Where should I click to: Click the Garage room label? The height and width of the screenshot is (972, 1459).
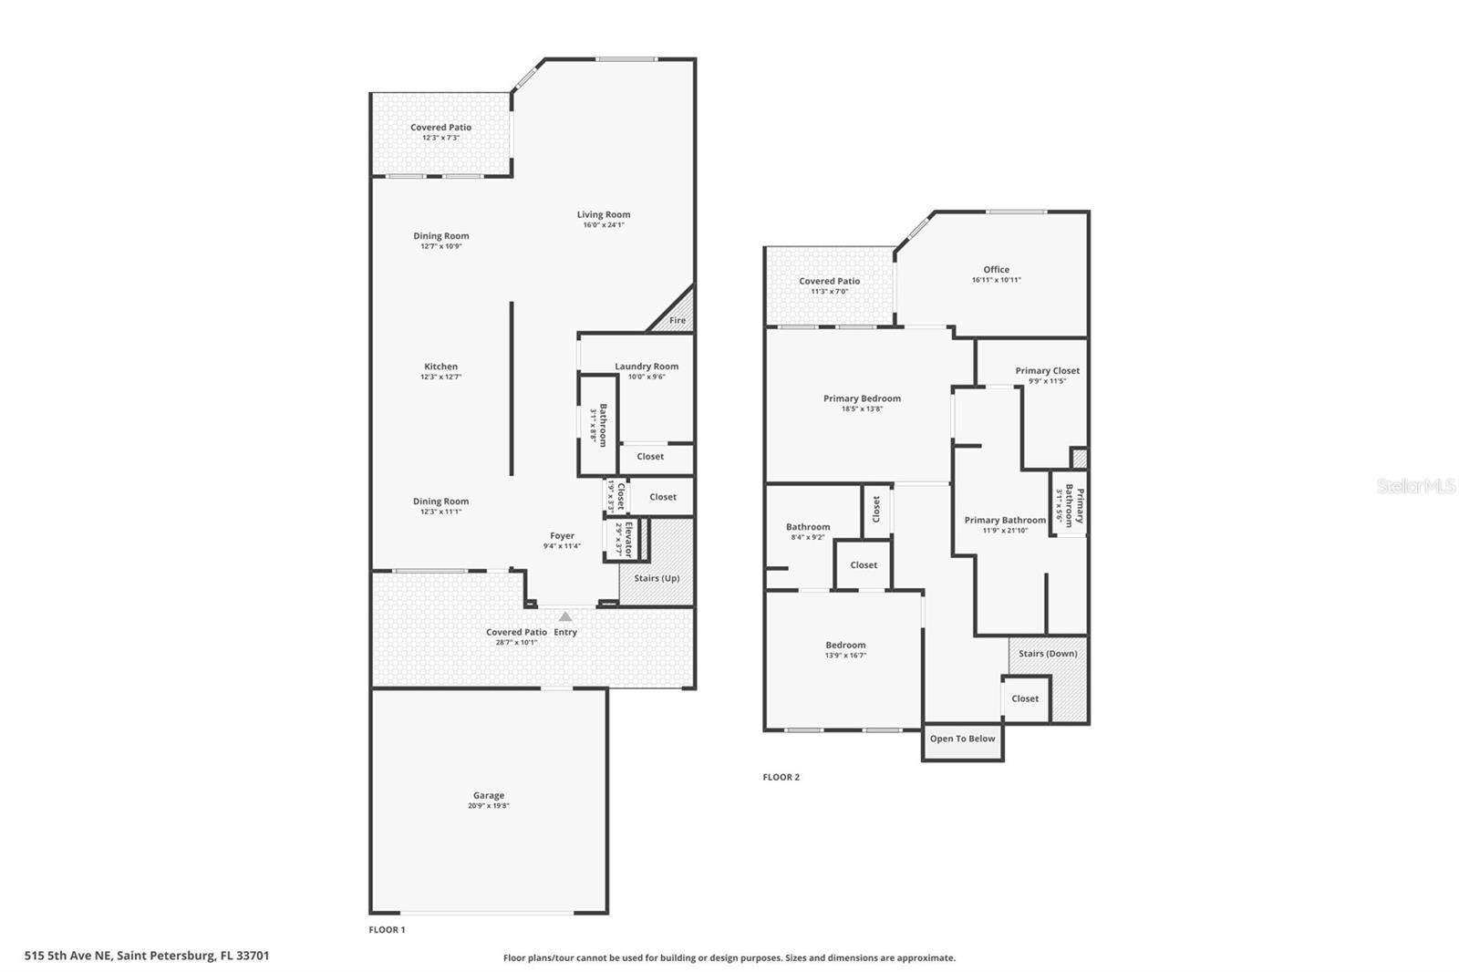pos(488,795)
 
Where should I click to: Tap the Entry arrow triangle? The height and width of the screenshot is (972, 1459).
pos(565,617)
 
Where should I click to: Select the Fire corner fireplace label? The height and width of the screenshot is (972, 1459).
pos(678,320)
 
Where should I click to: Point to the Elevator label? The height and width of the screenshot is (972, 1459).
pos(627,539)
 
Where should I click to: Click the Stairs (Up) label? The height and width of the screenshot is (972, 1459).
pos(657,578)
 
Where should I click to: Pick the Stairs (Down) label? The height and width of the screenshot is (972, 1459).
pos(1048,653)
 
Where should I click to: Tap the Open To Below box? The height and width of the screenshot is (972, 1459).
pos(962,739)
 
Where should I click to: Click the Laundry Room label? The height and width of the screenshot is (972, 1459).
pos(647,367)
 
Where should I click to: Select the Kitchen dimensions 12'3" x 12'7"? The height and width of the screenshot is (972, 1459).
pos(440,377)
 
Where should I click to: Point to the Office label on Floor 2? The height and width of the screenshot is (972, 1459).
pos(996,269)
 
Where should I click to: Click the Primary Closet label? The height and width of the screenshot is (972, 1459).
pos(1047,370)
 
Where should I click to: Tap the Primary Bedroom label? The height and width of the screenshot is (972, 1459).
pos(862,398)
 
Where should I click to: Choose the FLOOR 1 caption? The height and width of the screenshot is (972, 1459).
pos(387,930)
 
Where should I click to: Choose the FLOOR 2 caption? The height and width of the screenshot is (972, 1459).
pos(781,777)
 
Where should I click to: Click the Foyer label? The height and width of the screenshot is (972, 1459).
pos(562,536)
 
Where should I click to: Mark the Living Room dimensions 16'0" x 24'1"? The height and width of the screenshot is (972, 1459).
pos(603,225)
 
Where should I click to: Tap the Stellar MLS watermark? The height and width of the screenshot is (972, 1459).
pos(1415,486)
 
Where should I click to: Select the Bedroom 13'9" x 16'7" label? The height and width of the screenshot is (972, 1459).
pos(845,645)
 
